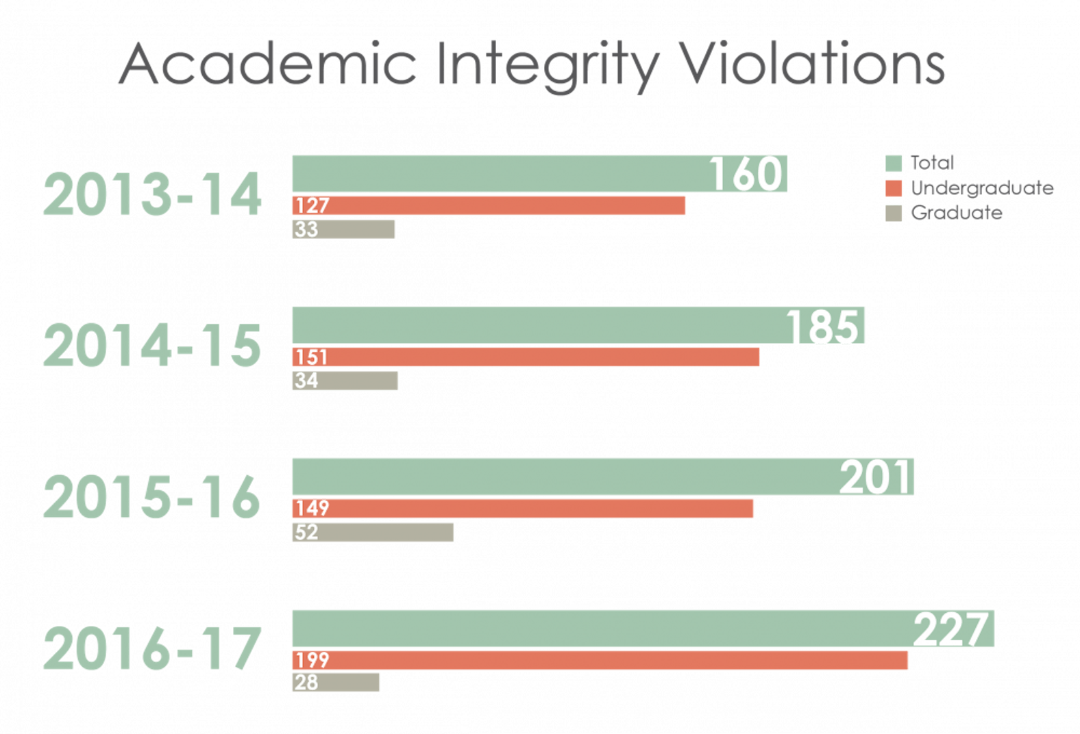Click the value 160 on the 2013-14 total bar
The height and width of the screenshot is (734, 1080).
[745, 174]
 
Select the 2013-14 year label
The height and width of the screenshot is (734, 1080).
[152, 195]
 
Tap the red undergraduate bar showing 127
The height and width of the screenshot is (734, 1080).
[489, 206]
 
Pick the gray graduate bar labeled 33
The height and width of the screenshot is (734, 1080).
[343, 229]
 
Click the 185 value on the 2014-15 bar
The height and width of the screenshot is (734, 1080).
[822, 326]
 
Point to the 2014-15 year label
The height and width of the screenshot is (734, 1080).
[152, 346]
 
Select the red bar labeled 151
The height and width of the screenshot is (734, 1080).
[526, 357]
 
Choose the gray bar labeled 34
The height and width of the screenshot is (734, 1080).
[345, 381]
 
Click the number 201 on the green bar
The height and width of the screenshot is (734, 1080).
[876, 477]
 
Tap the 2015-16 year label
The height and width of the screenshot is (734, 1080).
[152, 498]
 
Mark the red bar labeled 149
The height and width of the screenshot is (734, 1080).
[523, 509]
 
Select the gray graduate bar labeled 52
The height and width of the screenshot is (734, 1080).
[373, 532]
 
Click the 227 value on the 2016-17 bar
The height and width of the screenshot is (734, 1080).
[953, 629]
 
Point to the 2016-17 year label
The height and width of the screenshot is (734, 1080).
[152, 649]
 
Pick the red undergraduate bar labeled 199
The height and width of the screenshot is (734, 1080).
[600, 661]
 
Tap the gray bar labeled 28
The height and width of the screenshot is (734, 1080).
[336, 683]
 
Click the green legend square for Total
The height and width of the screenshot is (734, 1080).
[894, 164]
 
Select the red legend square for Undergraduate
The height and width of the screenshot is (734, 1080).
[894, 188]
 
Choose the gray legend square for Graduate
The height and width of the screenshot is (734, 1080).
[894, 213]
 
